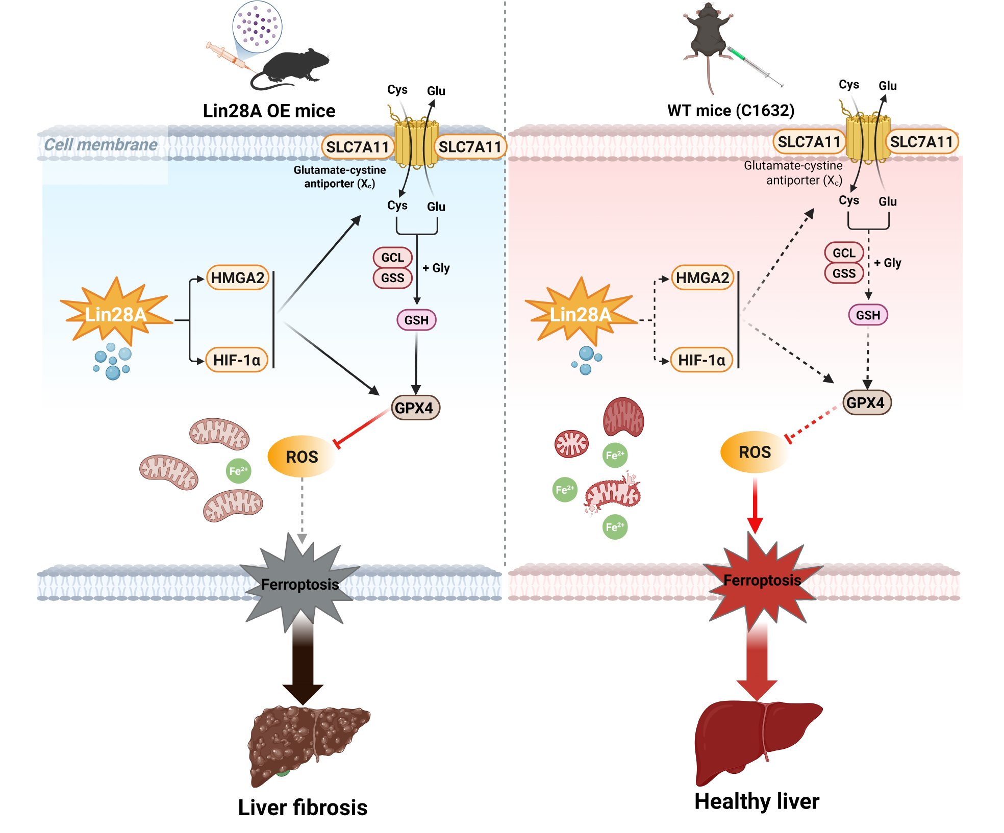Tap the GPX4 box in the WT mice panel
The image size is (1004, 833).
coord(866,402)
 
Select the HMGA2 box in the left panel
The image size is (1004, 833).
coord(238,278)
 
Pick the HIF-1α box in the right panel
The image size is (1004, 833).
coord(701,360)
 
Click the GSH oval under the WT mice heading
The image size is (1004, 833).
coord(868,315)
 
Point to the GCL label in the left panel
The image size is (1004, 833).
coord(392,258)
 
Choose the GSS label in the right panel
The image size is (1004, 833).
coord(844,273)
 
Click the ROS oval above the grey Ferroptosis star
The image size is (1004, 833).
coord(302,457)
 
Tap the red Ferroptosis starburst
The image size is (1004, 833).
coord(762,582)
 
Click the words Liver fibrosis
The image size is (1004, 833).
coord(303,807)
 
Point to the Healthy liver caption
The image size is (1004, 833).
coord(757,801)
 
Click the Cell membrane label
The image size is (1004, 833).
coord(101,145)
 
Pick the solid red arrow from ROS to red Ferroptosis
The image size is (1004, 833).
coord(755,505)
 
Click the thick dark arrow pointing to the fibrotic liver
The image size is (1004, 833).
coord(303,663)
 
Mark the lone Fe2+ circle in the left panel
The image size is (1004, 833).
coord(238,471)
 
